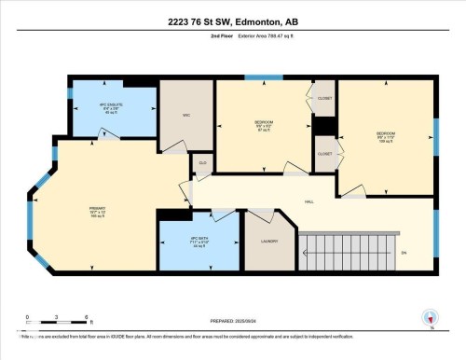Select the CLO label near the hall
pyautogui.click(x=201, y=162)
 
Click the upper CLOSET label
pyautogui.click(x=324, y=97)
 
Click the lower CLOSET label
pyautogui.click(x=324, y=154)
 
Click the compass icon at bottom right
pyautogui.click(x=430, y=318)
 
